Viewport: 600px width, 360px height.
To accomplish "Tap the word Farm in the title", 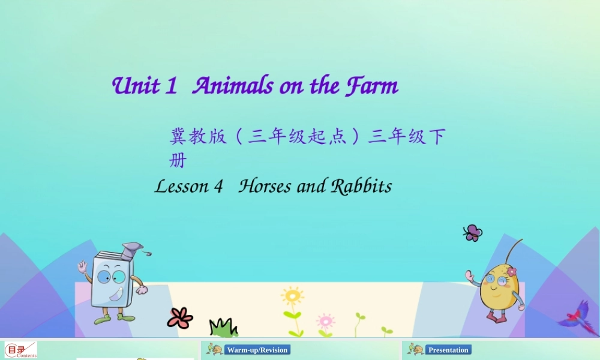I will point(372,86).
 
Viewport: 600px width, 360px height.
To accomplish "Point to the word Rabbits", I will point(361,186).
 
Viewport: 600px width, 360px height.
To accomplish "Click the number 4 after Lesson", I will point(218,187).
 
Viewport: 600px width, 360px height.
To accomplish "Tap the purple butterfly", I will point(473,233).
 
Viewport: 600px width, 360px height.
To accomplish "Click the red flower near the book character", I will point(180,317).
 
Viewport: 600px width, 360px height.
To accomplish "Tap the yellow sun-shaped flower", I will point(292,296).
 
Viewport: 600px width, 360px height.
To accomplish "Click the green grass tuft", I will point(223,328).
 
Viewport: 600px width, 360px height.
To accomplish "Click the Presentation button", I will point(448,350).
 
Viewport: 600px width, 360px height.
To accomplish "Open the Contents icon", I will point(21,350).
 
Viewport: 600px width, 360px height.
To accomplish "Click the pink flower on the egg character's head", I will point(511,272).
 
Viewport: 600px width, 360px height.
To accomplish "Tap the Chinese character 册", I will point(178,161).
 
